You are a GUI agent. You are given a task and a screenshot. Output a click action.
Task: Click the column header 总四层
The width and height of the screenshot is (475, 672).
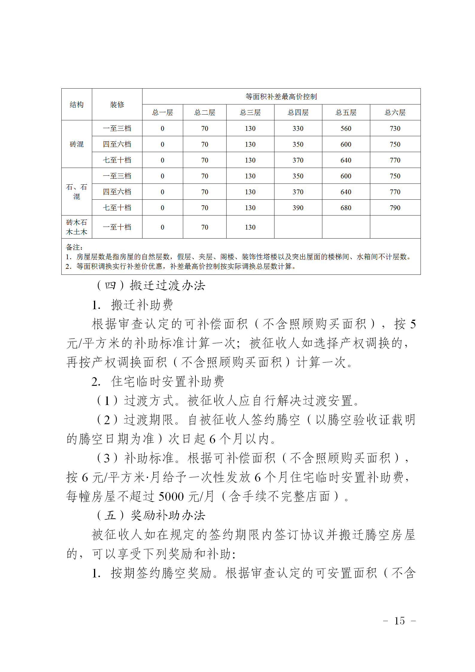298,113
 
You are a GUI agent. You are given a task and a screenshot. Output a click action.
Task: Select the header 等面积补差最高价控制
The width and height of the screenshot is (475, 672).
281,97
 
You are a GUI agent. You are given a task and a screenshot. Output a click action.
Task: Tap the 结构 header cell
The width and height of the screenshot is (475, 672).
77,105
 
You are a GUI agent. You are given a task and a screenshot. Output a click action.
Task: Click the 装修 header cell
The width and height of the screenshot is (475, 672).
117,105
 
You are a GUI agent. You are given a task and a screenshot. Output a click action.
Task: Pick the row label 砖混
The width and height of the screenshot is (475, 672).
77,144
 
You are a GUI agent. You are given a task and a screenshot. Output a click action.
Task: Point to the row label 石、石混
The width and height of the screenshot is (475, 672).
77,192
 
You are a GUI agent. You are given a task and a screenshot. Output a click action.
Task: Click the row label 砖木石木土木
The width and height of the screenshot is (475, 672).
77,227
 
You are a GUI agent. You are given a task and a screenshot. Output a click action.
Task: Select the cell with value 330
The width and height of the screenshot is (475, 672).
298,129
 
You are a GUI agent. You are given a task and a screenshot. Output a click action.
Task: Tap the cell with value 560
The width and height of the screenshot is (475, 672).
346,129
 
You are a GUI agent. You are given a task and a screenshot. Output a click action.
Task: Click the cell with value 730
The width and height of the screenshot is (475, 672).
395,129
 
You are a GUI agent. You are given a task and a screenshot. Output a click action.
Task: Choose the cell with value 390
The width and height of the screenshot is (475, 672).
298,208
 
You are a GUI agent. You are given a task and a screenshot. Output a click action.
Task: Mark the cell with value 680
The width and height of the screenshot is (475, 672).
346,208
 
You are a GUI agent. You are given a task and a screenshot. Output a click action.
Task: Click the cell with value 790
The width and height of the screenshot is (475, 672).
395,208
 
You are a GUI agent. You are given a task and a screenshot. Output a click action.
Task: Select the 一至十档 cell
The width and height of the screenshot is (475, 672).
117,227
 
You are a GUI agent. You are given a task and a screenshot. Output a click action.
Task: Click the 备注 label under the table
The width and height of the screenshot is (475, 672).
74,247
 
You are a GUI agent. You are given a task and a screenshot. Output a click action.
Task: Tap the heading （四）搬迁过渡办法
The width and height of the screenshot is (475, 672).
151,286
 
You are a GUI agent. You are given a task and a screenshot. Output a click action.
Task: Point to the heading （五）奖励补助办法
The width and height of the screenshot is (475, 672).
151,515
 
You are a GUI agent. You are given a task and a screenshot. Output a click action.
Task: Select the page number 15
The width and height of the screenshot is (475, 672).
399,621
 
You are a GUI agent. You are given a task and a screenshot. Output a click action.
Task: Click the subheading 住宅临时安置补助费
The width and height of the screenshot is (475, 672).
168,382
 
